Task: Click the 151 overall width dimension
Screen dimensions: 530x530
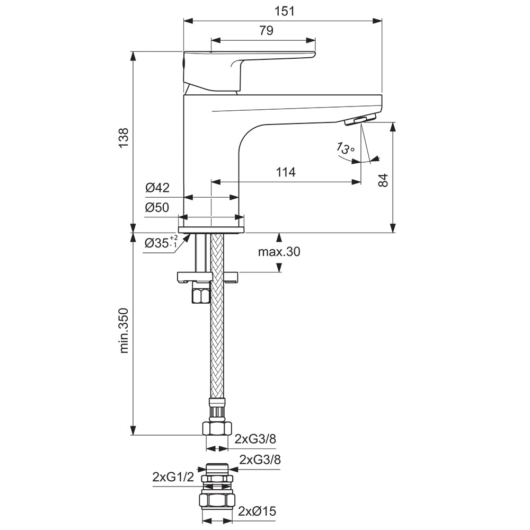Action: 284,11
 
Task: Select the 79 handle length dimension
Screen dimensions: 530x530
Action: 267,30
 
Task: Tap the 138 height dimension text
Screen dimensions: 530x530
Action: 123,137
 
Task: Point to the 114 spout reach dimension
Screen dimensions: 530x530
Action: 286,172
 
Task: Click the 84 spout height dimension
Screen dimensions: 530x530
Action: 383,180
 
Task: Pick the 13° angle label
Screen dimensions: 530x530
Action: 345,148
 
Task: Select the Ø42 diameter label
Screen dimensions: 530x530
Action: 157,187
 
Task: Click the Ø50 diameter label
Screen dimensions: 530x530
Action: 157,207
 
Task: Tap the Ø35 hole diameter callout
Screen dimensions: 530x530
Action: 161,242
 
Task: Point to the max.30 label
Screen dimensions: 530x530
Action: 279,252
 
